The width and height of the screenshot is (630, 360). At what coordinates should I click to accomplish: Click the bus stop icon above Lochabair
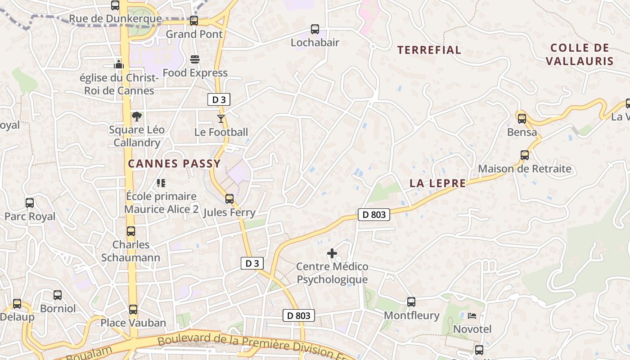click(x=315, y=29)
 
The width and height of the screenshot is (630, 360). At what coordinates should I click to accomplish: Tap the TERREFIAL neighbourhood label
click(x=429, y=50)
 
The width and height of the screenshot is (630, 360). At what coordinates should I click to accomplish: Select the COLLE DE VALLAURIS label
click(x=580, y=54)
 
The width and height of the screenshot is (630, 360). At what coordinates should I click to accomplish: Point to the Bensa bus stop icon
click(x=522, y=119)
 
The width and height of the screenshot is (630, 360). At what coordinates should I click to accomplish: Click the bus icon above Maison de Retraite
click(x=525, y=155)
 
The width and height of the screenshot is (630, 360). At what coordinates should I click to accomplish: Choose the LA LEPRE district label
click(x=438, y=183)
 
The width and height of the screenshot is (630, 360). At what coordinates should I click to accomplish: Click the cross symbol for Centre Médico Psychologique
click(x=332, y=253)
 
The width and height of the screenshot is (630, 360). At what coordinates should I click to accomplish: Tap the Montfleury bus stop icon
click(x=411, y=302)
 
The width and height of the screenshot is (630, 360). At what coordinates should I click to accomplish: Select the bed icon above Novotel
click(x=472, y=316)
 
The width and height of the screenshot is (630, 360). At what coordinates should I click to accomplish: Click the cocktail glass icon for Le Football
click(x=220, y=119)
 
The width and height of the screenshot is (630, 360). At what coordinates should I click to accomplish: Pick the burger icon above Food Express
click(x=195, y=59)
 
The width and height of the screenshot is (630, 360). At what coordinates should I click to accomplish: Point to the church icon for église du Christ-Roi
click(x=119, y=64)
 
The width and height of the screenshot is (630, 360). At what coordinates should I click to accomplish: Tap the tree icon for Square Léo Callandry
click(x=136, y=117)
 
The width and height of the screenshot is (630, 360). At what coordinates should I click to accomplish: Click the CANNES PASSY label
click(x=175, y=164)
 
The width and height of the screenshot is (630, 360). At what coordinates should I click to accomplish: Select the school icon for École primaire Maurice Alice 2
click(x=161, y=183)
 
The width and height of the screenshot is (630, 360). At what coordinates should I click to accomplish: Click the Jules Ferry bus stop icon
click(x=229, y=199)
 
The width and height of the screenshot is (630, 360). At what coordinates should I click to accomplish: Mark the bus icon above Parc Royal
click(x=30, y=203)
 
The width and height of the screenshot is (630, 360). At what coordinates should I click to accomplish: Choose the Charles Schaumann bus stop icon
click(x=131, y=231)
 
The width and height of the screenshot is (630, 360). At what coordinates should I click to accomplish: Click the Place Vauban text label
click(x=133, y=323)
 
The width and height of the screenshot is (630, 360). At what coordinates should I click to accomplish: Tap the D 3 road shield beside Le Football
click(x=219, y=100)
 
